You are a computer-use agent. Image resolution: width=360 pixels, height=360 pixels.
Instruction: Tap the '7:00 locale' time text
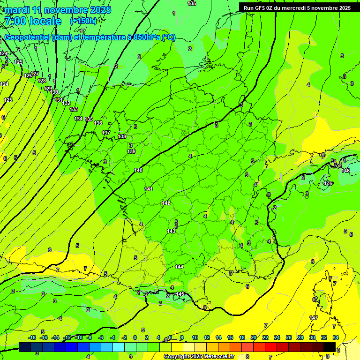32,21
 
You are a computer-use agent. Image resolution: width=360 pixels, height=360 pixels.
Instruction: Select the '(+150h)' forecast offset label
83,21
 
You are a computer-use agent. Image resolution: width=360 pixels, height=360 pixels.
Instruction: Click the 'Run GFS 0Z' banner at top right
297,8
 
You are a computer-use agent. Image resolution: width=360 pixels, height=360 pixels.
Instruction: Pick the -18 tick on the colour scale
32,337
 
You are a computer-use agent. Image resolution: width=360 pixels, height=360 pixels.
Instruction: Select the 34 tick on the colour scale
336,337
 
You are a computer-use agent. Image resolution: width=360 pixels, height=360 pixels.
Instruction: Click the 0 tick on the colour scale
135,337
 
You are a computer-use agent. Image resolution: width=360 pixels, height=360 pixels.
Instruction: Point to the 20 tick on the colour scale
254,337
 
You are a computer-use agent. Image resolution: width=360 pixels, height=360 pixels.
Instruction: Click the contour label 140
138,170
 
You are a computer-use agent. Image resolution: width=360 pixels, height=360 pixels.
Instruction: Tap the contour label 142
165,203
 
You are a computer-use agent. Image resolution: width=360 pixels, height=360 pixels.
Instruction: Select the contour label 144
179,267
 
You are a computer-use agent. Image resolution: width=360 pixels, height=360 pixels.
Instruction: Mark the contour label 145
180,294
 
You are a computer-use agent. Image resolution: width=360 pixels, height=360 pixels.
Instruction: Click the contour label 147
314,318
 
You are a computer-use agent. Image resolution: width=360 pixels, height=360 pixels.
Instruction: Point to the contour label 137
106,133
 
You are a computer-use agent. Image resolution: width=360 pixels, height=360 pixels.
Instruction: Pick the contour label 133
74,109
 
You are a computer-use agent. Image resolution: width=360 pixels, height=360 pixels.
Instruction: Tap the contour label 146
345,171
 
